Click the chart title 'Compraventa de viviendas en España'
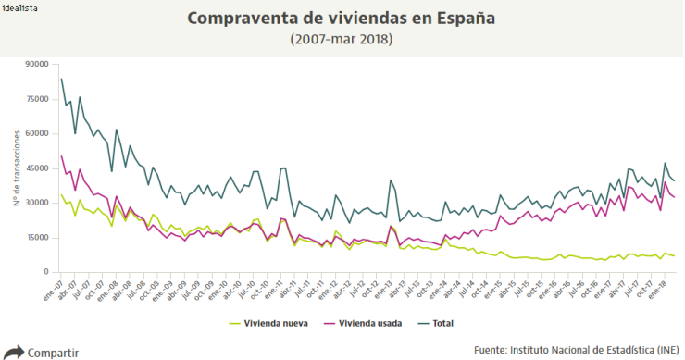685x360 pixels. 341,19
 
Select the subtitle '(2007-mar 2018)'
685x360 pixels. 341,39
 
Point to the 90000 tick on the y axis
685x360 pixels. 37,64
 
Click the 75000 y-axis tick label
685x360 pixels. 37,99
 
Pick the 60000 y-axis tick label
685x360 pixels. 37,133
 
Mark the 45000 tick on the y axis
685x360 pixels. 37,168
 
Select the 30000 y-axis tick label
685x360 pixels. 37,203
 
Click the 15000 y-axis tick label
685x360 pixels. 37,237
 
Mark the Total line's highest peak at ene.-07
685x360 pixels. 61,79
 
